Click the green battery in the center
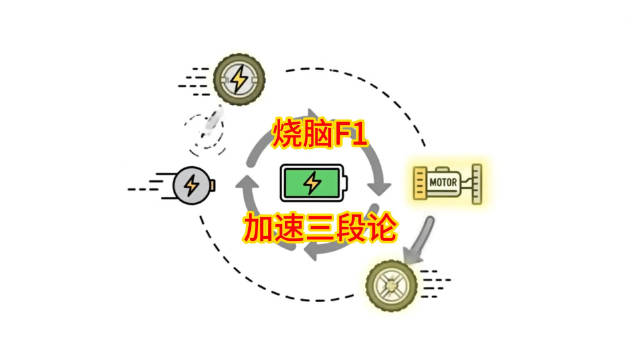313,183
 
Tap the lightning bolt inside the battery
313,183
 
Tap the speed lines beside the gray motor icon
148,184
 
